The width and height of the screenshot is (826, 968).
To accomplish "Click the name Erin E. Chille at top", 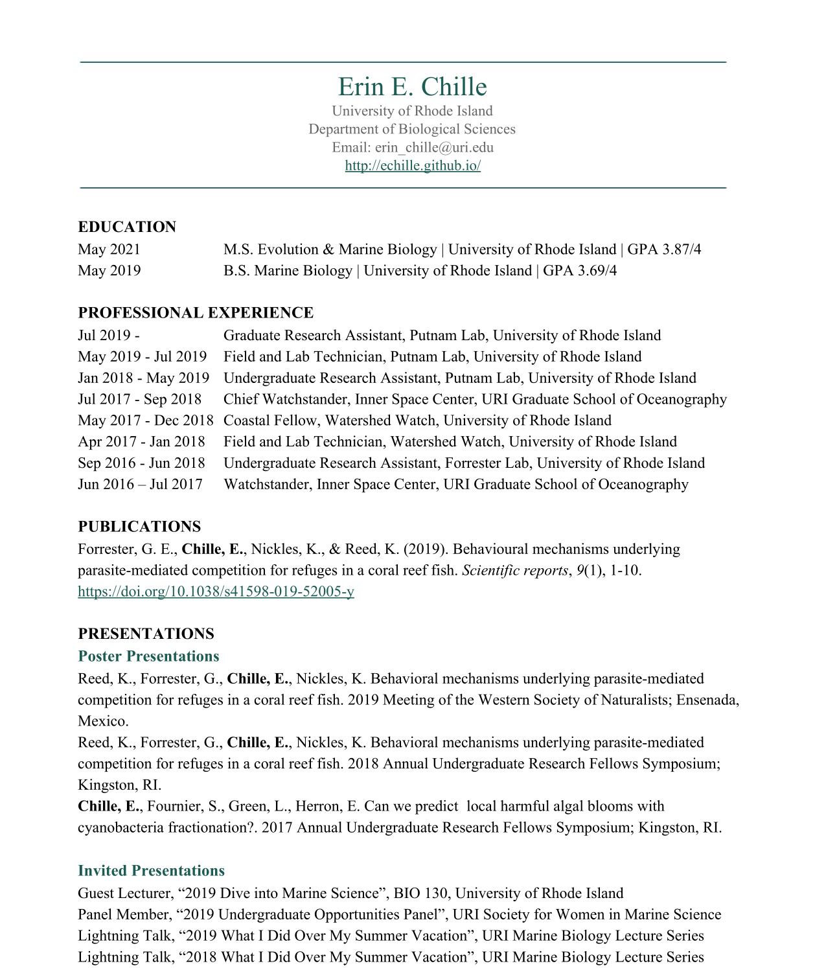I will tap(412, 87).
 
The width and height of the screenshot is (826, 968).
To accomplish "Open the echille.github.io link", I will tap(413, 166).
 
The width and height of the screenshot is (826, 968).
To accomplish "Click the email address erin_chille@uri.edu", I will tap(434, 148).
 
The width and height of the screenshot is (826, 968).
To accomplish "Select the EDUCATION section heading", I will tap(127, 227).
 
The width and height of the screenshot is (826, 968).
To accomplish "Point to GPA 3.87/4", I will tap(664, 249).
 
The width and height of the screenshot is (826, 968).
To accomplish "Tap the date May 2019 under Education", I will tap(109, 271).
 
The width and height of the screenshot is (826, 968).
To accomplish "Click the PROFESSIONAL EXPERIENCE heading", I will tap(196, 313).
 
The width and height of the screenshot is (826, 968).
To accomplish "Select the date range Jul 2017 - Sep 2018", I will tap(139, 399).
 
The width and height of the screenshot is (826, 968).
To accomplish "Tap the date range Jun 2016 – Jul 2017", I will tap(140, 485).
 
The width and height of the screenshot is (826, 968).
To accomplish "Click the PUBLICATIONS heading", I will tap(139, 527).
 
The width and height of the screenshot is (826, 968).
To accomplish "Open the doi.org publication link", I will tap(216, 592).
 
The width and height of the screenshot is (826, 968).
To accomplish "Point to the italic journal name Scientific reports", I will tap(514, 571).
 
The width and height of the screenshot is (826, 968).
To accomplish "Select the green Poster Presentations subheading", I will tap(148, 656).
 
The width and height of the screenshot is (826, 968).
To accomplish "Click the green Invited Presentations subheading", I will tap(151, 871).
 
